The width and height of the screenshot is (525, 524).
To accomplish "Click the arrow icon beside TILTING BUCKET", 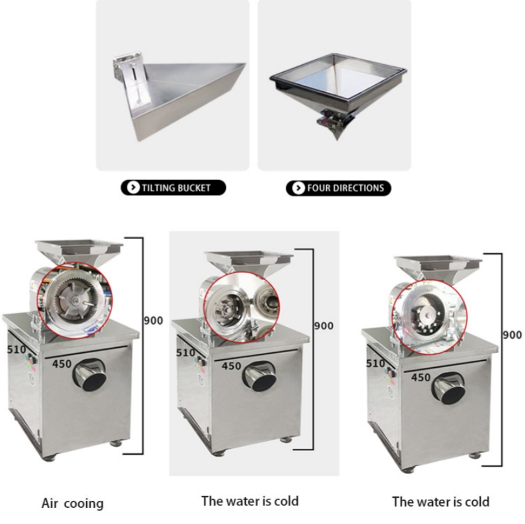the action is [x=133, y=187].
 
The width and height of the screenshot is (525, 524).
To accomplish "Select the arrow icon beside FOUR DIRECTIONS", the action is [x=298, y=188].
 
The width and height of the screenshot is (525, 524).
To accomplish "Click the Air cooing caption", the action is [x=73, y=503].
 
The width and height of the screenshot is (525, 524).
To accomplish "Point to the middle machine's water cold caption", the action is [x=250, y=501].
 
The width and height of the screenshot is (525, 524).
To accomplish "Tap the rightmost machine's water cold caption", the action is [x=441, y=502].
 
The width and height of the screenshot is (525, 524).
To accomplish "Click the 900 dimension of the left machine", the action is [x=153, y=321].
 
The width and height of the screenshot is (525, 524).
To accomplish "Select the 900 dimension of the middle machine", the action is [x=324, y=325].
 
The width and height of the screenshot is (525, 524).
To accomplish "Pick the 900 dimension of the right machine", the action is [x=512, y=334].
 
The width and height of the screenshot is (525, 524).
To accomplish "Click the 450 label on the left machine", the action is [x=62, y=363].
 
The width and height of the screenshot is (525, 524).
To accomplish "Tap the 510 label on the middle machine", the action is [x=185, y=352].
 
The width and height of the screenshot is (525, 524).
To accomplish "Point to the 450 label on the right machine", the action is [x=421, y=377].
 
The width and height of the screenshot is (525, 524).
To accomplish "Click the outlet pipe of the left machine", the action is [x=90, y=375].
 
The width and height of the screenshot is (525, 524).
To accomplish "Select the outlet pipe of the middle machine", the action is [x=259, y=375].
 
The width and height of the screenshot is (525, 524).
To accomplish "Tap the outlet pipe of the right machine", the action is [x=448, y=388].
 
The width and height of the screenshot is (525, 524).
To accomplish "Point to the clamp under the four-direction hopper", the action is [x=331, y=118].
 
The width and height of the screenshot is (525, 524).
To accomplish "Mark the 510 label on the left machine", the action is [x=17, y=349].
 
